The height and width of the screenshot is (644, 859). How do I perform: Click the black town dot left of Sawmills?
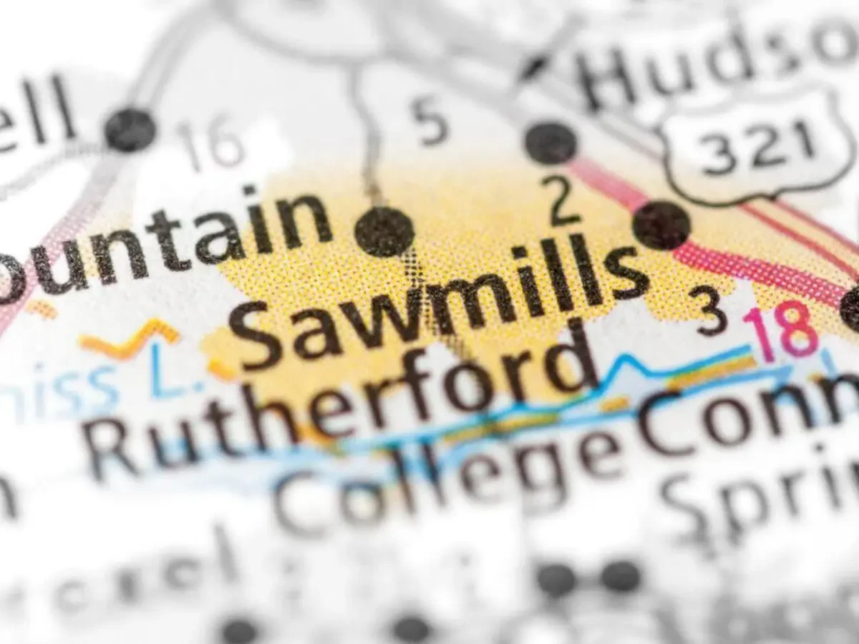(384, 231)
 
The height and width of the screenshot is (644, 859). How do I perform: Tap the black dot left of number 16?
(130, 130)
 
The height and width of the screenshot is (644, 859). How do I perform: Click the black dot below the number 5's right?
(550, 142)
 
